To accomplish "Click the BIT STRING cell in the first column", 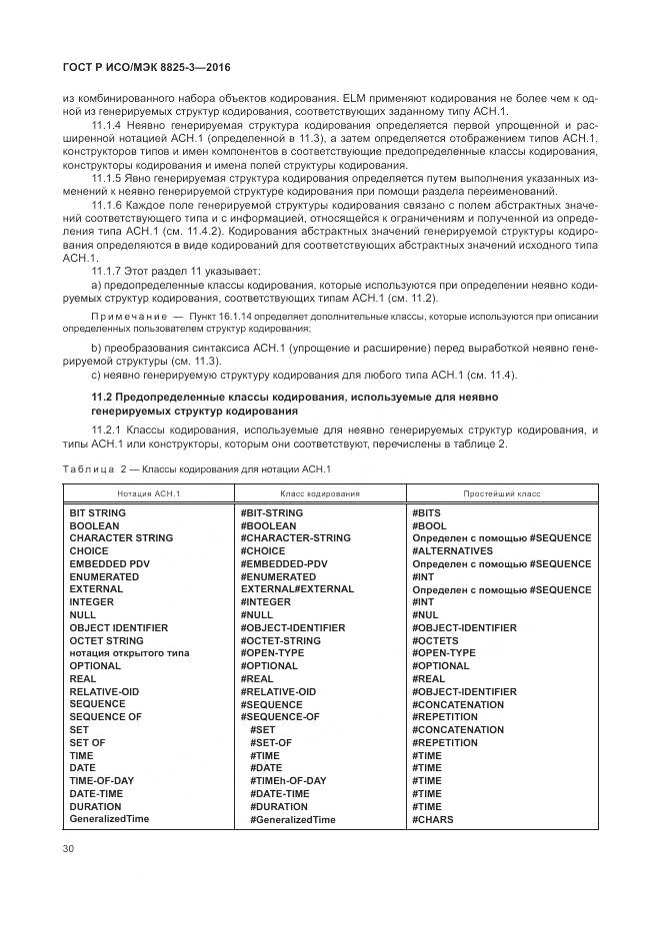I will [x=97, y=512].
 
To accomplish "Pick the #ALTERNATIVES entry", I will [x=452, y=551].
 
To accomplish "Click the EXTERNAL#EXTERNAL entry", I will [x=297, y=589].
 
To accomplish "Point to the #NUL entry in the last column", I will [x=425, y=615].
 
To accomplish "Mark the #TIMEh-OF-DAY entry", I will [x=288, y=781].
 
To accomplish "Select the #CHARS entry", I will [x=432, y=819].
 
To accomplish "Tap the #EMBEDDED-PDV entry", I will [x=283, y=564].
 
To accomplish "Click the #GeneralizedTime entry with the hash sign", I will [x=292, y=819].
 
